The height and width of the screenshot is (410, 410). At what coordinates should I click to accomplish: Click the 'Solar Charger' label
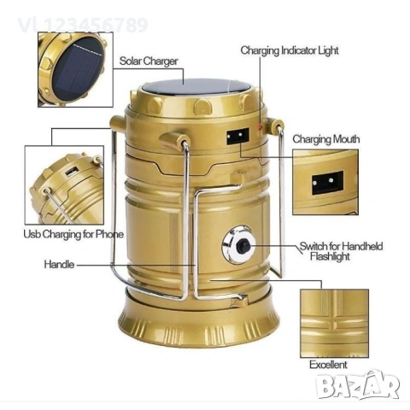pos(149,61)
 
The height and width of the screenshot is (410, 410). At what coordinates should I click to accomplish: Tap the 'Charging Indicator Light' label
pos(289,51)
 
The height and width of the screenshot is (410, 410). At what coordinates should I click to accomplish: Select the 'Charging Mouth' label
pos(326,139)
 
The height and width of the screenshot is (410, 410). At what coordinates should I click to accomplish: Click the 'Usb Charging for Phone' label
pos(73,234)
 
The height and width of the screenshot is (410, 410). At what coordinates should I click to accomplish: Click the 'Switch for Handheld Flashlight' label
pos(340,250)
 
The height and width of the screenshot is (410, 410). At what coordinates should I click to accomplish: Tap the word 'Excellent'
pos(329,365)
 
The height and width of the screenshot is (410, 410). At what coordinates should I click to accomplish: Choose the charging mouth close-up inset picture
pos(328,181)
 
